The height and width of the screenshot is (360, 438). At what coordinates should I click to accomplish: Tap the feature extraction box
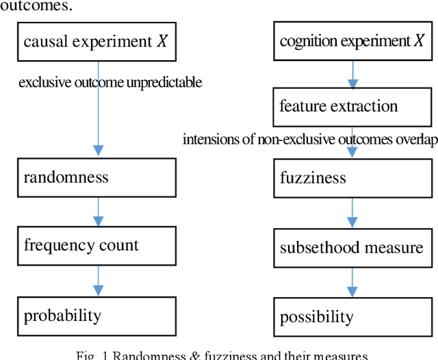[x=352, y=107]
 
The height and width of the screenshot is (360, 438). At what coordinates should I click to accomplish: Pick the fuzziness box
[x=352, y=177]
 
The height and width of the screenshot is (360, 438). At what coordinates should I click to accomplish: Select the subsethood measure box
[x=352, y=247]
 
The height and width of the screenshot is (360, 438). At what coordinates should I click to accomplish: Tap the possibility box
[x=352, y=316]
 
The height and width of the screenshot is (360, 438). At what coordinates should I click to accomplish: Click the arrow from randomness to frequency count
[x=98, y=211]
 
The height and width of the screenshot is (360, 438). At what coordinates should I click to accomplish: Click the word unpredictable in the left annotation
[x=169, y=83]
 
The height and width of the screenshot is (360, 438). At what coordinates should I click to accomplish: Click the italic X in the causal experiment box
[x=162, y=42]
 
